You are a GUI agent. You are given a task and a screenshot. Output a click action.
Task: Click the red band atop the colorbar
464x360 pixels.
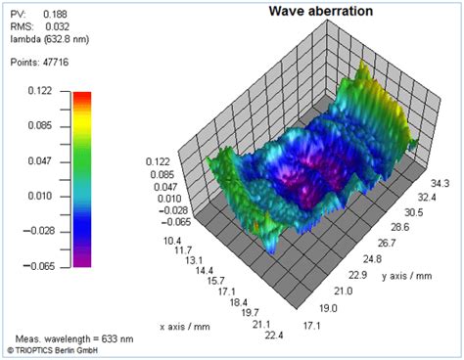click(82, 94)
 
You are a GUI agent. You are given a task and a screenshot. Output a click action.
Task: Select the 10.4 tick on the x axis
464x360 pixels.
click(172, 241)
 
